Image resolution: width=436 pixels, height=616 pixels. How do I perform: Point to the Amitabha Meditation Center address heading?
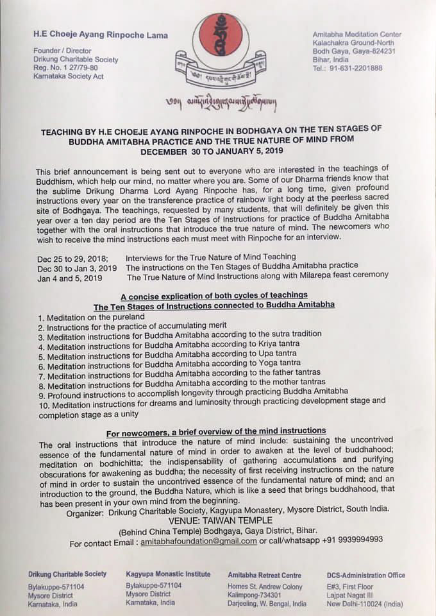tap(356, 35)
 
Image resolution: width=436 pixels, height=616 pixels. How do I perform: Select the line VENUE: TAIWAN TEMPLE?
tap(219, 520)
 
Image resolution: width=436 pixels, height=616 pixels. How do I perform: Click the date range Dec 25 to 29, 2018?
tap(72, 257)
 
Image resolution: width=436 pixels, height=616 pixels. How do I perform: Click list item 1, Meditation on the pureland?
tap(91, 317)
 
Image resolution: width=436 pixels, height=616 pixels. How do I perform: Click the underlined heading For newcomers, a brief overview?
tap(216, 431)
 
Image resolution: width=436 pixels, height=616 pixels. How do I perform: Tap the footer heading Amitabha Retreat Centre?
tap(265, 575)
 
